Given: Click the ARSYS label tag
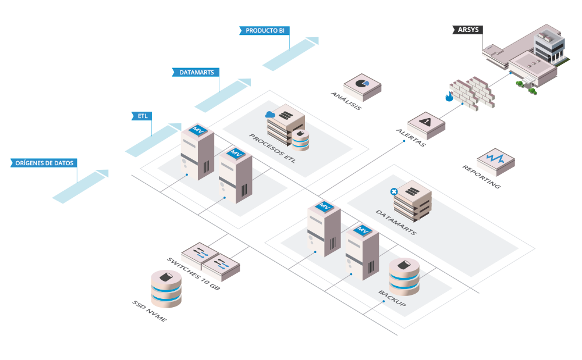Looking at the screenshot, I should click(467, 29).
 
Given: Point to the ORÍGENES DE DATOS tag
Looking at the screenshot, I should click(44, 163).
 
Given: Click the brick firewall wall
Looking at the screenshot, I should click(471, 92).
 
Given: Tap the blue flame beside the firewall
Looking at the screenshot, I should click(448, 97).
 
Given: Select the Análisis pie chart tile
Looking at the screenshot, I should click(361, 85).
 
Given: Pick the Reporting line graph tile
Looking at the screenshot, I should click(496, 159).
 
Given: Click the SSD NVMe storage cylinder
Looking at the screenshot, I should click(166, 288).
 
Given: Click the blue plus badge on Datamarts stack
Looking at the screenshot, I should click(394, 191).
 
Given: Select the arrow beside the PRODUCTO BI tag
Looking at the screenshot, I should click(290, 53).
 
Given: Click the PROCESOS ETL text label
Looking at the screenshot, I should click(272, 148).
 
